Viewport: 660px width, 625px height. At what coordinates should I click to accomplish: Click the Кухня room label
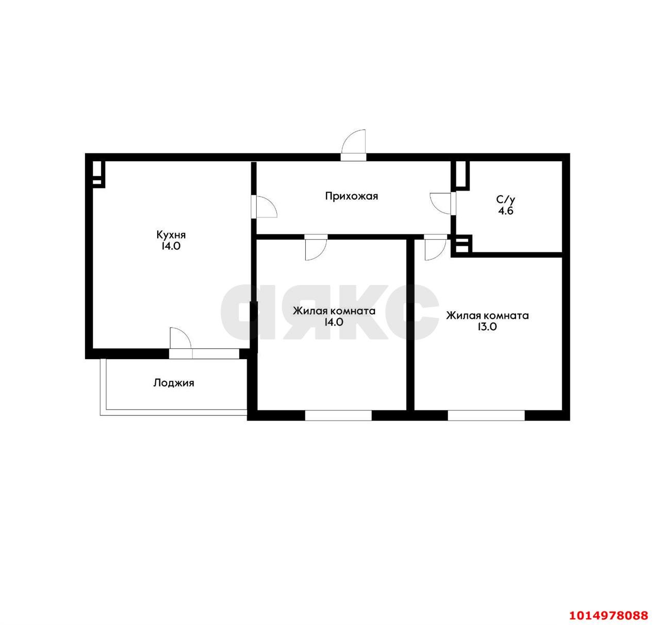(171, 234)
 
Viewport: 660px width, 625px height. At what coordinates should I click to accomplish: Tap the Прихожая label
(352, 196)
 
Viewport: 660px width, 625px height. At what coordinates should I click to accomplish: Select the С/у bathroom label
(505, 199)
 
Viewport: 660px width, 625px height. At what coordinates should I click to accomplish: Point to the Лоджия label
(173, 383)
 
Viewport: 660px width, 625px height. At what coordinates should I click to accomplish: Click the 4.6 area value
(505, 211)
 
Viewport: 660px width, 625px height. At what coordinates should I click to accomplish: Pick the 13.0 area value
(487, 327)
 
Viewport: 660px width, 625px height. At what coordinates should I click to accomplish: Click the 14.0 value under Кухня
(171, 246)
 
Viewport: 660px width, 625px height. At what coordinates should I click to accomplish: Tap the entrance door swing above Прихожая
(354, 143)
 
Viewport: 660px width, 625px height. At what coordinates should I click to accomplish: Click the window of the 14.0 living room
(338, 415)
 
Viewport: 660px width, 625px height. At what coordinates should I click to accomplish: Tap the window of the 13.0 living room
(486, 415)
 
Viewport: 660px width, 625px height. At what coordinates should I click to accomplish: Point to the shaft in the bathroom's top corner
(460, 175)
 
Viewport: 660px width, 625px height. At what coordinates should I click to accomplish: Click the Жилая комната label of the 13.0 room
(487, 315)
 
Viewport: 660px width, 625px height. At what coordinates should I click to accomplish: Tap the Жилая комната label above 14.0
(334, 311)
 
